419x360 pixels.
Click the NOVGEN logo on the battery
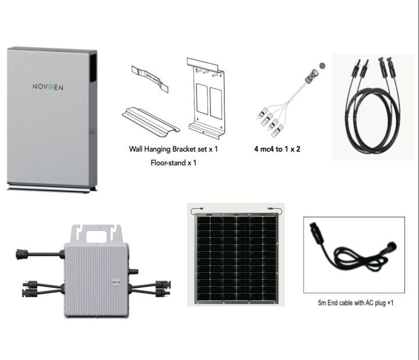pyautogui.click(x=48, y=87)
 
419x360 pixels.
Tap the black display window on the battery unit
pyautogui.click(x=93, y=67)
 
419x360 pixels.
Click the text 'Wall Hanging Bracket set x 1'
pyautogui.click(x=173, y=149)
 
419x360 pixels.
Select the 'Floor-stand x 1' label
pyautogui.click(x=173, y=163)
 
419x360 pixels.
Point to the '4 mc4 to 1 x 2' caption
pyautogui.click(x=277, y=149)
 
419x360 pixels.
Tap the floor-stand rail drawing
pyautogui.click(x=151, y=120)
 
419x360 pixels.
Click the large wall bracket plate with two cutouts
pyautogui.click(x=206, y=98)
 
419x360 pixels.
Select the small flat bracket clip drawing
pyautogui.click(x=150, y=79)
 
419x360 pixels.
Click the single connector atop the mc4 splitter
pyautogui.click(x=312, y=76)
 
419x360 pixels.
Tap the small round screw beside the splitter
pyautogui.click(x=323, y=66)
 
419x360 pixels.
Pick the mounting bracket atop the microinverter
pyautogui.click(x=96, y=234)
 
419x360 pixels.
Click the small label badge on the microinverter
pyautogui.click(x=116, y=283)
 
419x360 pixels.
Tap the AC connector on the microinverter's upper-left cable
pyautogui.click(x=22, y=254)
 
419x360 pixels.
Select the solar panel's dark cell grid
pyautogui.click(x=236, y=258)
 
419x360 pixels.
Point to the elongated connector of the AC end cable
pyautogui.click(x=316, y=233)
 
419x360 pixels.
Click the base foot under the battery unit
pyautogui.click(x=52, y=188)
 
